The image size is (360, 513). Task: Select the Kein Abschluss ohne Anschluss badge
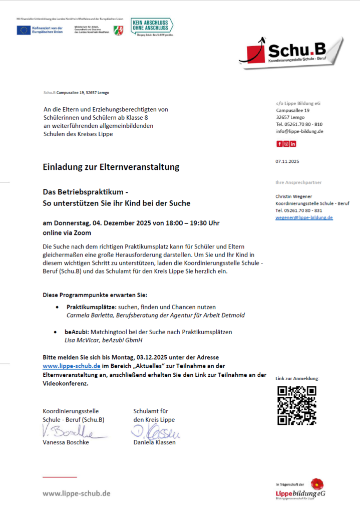point(151,27)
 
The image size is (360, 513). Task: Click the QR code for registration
point(297,405)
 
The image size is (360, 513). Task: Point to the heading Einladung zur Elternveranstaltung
point(111,167)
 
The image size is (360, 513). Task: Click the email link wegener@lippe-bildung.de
point(304,217)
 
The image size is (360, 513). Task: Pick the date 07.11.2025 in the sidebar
point(287,161)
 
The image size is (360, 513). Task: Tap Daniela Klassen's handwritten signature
point(155,431)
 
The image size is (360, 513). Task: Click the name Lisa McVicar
point(79,340)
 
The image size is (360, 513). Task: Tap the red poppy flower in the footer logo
point(316,484)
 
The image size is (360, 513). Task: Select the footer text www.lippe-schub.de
point(77,493)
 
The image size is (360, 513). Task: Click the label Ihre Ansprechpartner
point(298,182)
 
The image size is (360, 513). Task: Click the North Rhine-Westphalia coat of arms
point(118,30)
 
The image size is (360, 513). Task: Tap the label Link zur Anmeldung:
point(297,379)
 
